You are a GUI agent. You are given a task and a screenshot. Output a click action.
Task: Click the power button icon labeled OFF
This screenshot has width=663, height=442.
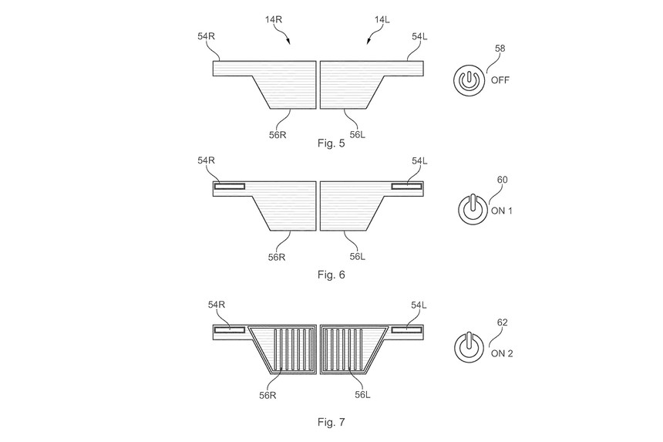pyautogui.click(x=468, y=80)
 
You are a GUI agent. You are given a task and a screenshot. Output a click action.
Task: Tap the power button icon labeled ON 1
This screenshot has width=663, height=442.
pyautogui.click(x=472, y=210)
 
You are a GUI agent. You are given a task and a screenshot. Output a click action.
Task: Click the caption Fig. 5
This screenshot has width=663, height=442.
pyautogui.click(x=331, y=143)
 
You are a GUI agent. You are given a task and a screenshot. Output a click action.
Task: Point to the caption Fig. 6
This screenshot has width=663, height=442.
pyautogui.click(x=331, y=274)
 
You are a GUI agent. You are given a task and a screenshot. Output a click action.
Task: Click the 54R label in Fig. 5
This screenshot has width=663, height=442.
pyautogui.click(x=207, y=36)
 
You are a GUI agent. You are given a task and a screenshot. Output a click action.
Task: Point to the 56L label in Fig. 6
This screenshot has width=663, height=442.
pyautogui.click(x=358, y=257)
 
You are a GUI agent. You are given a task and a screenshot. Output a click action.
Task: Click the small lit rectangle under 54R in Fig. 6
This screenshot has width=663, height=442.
pyautogui.click(x=230, y=186)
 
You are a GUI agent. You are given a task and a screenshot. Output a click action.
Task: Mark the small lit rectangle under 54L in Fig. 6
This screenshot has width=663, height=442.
pyautogui.click(x=406, y=186)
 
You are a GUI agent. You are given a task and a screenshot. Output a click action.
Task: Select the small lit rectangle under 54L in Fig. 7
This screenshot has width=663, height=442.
pyautogui.click(x=406, y=330)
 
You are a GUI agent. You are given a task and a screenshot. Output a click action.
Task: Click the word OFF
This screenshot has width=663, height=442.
pyautogui.click(x=500, y=79)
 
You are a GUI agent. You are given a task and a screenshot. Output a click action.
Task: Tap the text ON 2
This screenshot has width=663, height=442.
pyautogui.click(x=501, y=354)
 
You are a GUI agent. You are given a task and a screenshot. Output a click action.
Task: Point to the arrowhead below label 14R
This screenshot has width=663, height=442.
pyautogui.click(x=288, y=45)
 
